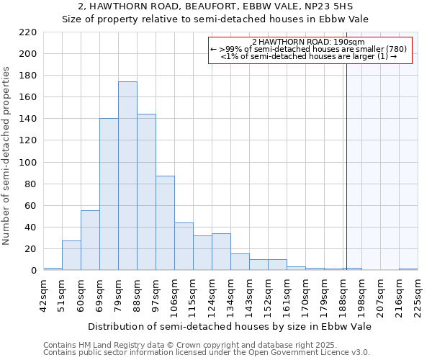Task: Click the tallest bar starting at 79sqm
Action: (127, 176)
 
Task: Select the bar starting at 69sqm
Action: (109, 194)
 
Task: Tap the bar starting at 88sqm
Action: (146, 192)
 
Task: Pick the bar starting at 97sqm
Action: (165, 223)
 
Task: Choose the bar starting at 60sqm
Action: (90, 240)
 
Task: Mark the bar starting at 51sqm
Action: (71, 256)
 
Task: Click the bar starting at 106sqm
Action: (184, 247)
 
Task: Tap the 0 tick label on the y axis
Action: (34, 271)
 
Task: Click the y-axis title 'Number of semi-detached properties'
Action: (8, 156)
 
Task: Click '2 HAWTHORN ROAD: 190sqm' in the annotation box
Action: (310, 42)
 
